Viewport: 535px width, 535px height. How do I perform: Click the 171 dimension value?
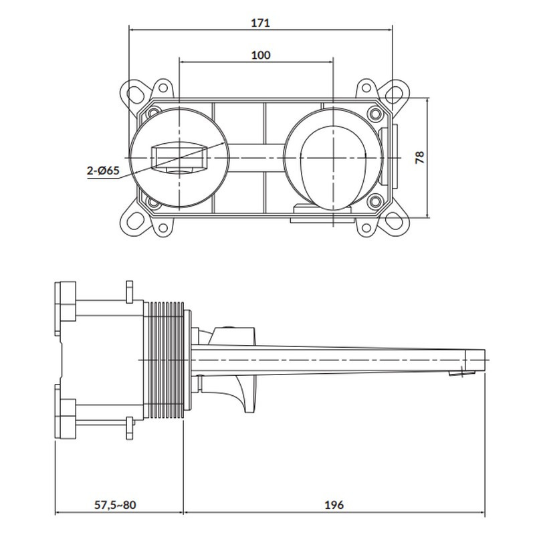260,23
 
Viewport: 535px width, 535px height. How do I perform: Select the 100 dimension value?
261,55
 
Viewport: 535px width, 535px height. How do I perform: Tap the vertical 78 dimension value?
420,157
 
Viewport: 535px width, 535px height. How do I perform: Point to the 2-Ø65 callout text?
103,171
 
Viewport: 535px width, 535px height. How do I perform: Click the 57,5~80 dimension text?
115,505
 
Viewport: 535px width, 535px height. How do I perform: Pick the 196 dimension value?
334,505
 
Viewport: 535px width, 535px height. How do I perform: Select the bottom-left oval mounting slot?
136,221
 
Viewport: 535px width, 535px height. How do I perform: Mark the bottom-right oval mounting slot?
394,221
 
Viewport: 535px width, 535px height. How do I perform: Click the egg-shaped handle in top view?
333,168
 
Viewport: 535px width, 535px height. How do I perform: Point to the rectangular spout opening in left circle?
179,158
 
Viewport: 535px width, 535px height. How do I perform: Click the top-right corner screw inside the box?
375,113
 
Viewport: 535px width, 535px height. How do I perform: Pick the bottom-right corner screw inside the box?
374,202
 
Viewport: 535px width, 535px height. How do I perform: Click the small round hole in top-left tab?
163,88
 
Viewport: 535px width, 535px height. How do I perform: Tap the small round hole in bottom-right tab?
366,227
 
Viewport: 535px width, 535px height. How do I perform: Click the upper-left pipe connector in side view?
66,302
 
